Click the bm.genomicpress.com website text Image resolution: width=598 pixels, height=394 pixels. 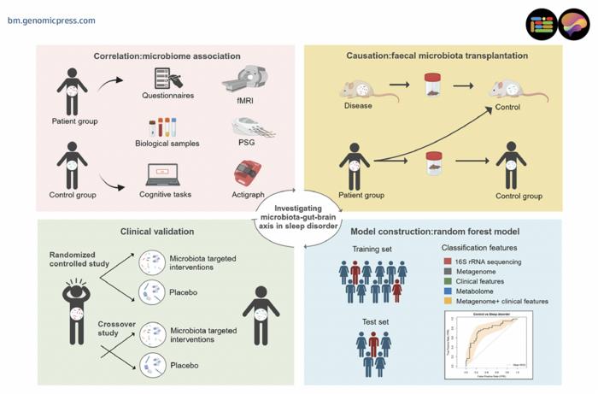[x=51, y=20]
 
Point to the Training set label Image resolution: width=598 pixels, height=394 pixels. [x=372, y=249]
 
